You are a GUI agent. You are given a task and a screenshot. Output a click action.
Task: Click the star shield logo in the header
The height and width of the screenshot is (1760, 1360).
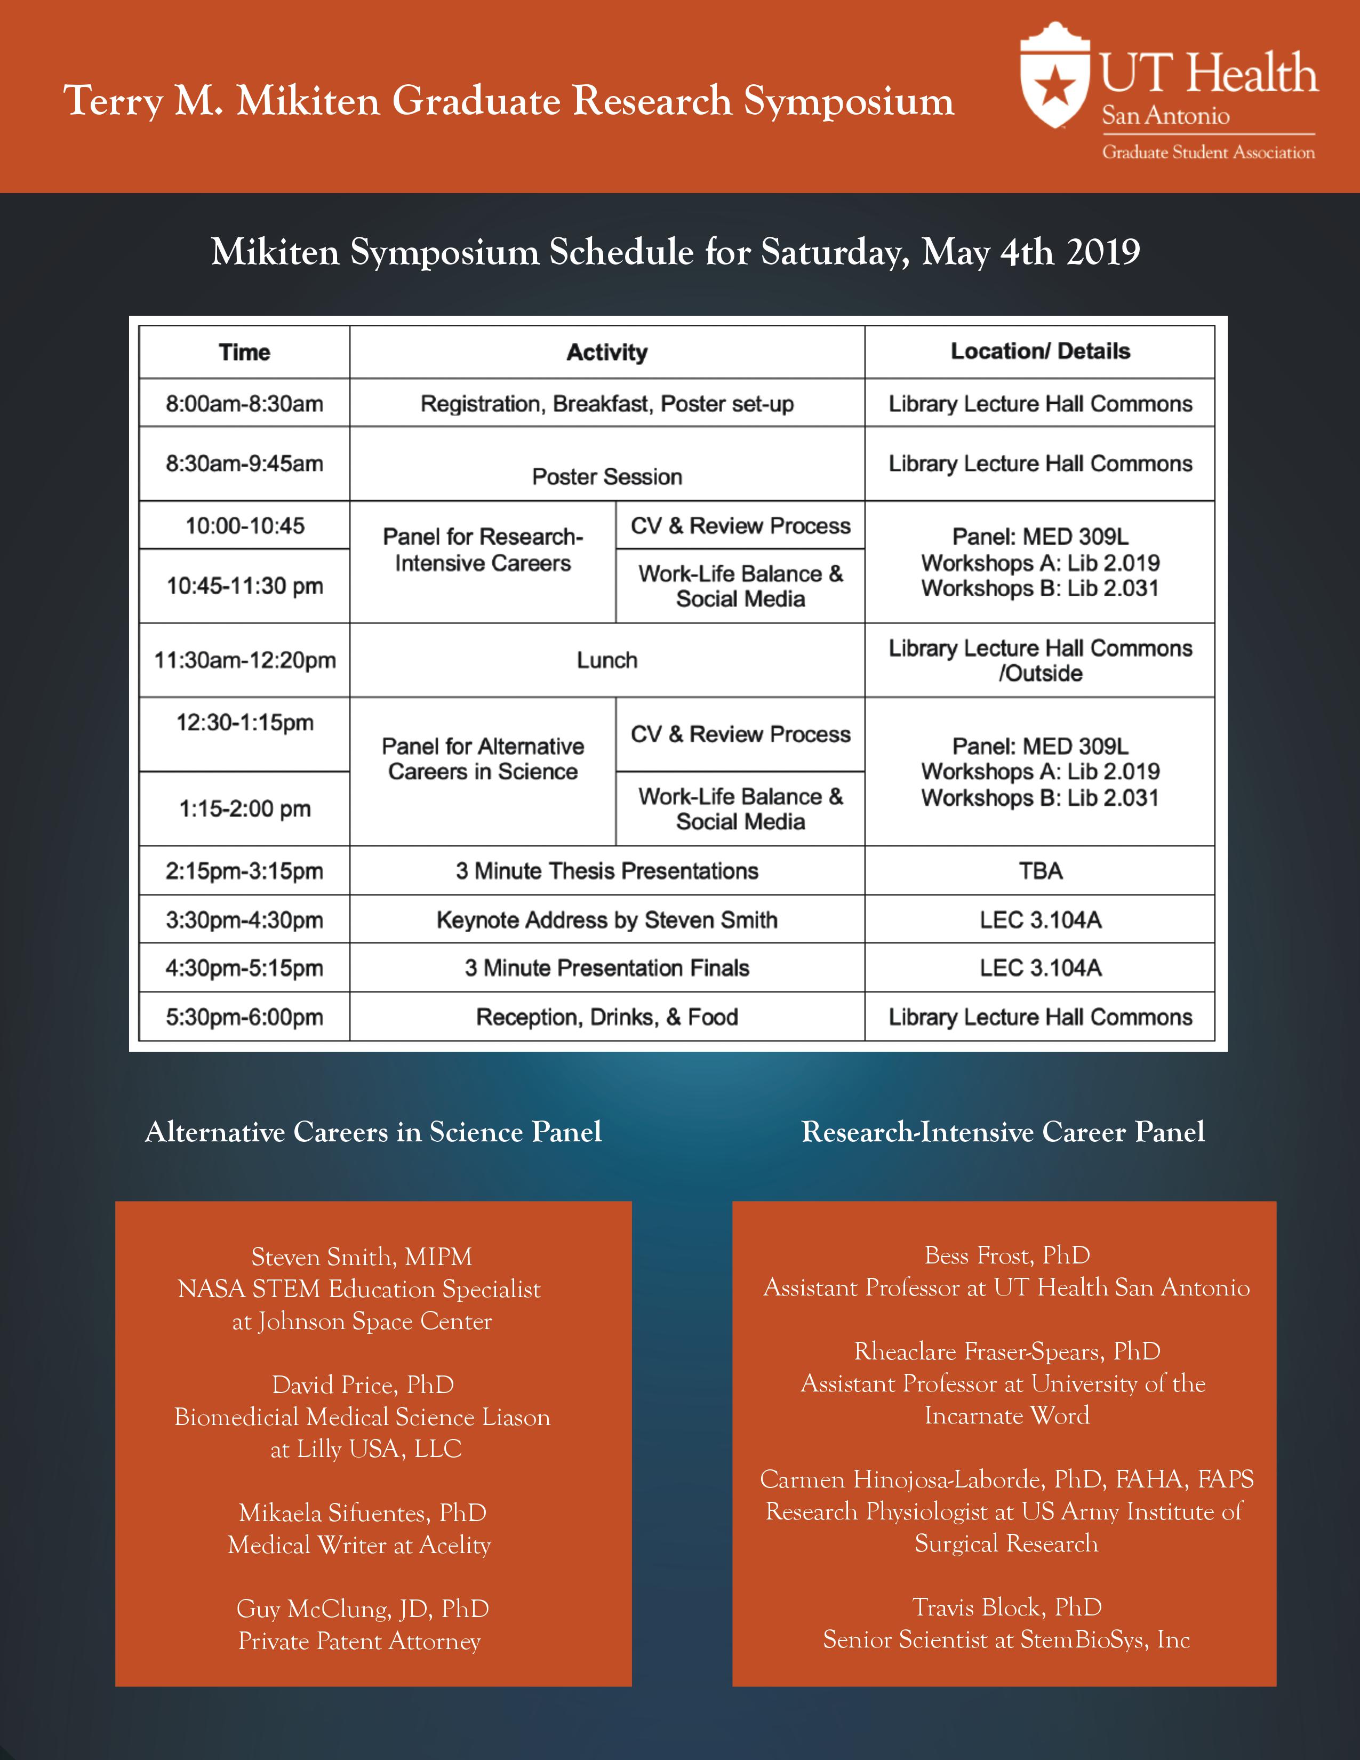coord(1053,78)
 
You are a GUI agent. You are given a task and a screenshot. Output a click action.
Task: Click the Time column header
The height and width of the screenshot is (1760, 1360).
coord(244,352)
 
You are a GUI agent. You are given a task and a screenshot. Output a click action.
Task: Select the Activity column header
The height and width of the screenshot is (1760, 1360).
coord(607,352)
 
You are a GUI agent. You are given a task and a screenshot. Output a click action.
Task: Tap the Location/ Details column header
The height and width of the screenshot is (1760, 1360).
coord(1040,351)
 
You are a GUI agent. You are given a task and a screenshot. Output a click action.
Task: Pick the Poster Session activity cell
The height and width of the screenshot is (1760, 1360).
coord(607,476)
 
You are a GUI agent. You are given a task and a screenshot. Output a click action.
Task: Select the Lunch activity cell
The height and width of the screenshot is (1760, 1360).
coord(607,660)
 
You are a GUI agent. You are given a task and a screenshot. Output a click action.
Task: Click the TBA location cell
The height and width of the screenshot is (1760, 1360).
coord(1040,870)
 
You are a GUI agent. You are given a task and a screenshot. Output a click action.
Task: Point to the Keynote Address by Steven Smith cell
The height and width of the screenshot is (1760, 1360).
coord(607,919)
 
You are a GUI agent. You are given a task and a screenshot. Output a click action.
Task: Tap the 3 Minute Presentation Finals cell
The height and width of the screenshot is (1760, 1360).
coord(607,968)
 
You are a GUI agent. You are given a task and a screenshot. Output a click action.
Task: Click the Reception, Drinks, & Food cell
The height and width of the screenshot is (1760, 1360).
coord(607,1017)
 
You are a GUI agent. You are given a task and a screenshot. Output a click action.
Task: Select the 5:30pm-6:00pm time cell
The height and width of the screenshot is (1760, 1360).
coord(244,1017)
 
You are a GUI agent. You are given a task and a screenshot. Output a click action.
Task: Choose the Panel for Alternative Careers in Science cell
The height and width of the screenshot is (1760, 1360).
coord(483,759)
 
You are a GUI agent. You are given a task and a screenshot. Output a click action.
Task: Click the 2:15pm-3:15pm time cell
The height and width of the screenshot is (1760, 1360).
coord(244,871)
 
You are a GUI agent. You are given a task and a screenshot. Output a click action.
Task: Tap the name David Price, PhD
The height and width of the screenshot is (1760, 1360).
coord(363,1385)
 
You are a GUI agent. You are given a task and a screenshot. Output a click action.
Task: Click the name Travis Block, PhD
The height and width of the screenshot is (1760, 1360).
coord(1007,1607)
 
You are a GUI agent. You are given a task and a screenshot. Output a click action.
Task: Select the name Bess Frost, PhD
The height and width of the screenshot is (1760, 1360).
coord(1007,1255)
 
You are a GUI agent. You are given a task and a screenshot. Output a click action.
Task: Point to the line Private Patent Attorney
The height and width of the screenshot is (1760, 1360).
coord(359,1641)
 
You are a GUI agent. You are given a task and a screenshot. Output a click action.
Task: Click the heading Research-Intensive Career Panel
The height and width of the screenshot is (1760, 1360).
coord(1003,1131)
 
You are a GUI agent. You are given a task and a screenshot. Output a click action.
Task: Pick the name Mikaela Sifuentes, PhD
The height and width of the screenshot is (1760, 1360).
coord(363,1513)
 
